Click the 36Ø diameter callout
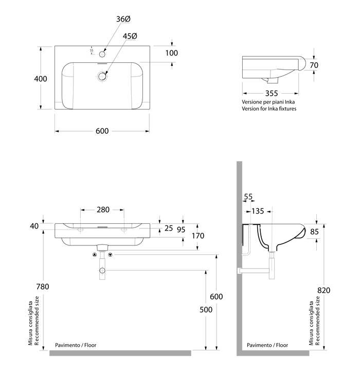point(123,19)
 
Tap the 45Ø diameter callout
point(130,37)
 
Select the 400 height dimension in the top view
point(41,79)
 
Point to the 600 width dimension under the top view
point(102,131)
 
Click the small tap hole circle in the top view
point(102,54)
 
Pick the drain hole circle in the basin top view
point(102,76)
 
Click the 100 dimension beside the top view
point(171,53)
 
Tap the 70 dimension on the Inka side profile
point(314,65)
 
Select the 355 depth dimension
point(272,94)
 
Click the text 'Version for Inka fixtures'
point(269,109)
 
